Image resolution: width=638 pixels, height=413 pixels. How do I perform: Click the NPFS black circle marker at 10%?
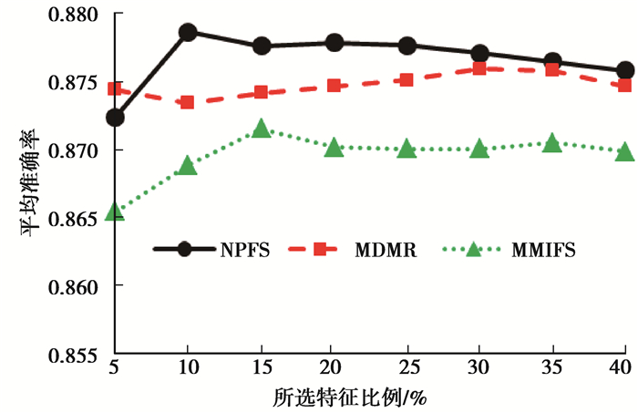click(188, 33)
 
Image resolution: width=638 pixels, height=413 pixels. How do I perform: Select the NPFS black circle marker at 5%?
click(115, 118)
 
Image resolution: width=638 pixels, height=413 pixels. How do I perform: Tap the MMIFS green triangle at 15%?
click(261, 129)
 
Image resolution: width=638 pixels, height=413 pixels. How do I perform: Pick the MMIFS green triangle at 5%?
click(115, 212)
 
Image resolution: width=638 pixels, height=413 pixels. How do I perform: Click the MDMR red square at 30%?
click(479, 68)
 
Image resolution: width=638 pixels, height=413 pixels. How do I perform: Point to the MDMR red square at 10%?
click(188, 101)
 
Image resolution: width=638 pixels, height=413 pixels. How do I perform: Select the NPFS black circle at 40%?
click(625, 70)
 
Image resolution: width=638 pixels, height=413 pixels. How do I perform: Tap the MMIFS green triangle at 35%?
click(552, 144)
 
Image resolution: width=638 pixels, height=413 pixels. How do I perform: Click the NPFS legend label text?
click(244, 249)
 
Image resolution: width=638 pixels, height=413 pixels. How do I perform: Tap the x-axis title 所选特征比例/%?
click(369, 398)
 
